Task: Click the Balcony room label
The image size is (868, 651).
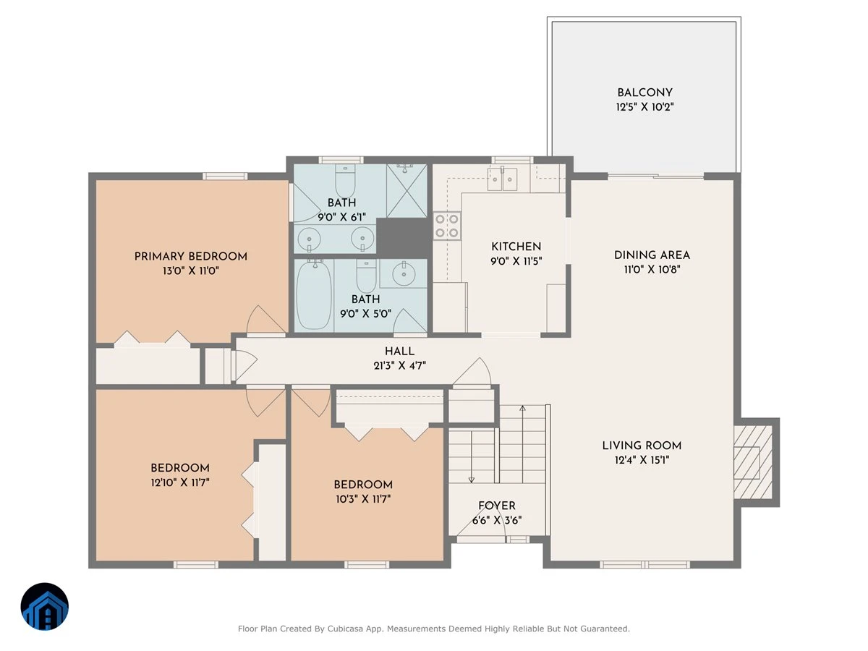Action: click(644, 93)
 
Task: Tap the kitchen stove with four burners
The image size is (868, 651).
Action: click(447, 226)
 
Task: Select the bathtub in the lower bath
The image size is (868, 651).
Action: click(315, 295)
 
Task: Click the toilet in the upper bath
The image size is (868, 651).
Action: click(345, 181)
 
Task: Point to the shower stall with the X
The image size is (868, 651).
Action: click(407, 191)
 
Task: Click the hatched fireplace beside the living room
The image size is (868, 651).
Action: click(752, 462)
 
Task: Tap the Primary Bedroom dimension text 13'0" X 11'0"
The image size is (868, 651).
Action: click(191, 271)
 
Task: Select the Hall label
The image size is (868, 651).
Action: click(399, 351)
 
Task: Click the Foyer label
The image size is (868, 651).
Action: click(497, 506)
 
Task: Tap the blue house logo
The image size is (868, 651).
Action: click(45, 606)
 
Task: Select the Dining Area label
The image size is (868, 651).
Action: click(652, 255)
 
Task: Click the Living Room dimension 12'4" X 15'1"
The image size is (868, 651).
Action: click(642, 460)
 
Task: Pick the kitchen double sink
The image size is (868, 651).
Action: click(502, 179)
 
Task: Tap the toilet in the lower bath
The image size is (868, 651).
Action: click(366, 276)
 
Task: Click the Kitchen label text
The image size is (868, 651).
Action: click(516, 247)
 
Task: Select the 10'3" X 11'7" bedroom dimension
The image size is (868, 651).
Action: click(363, 499)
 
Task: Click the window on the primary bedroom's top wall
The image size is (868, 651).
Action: click(225, 176)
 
